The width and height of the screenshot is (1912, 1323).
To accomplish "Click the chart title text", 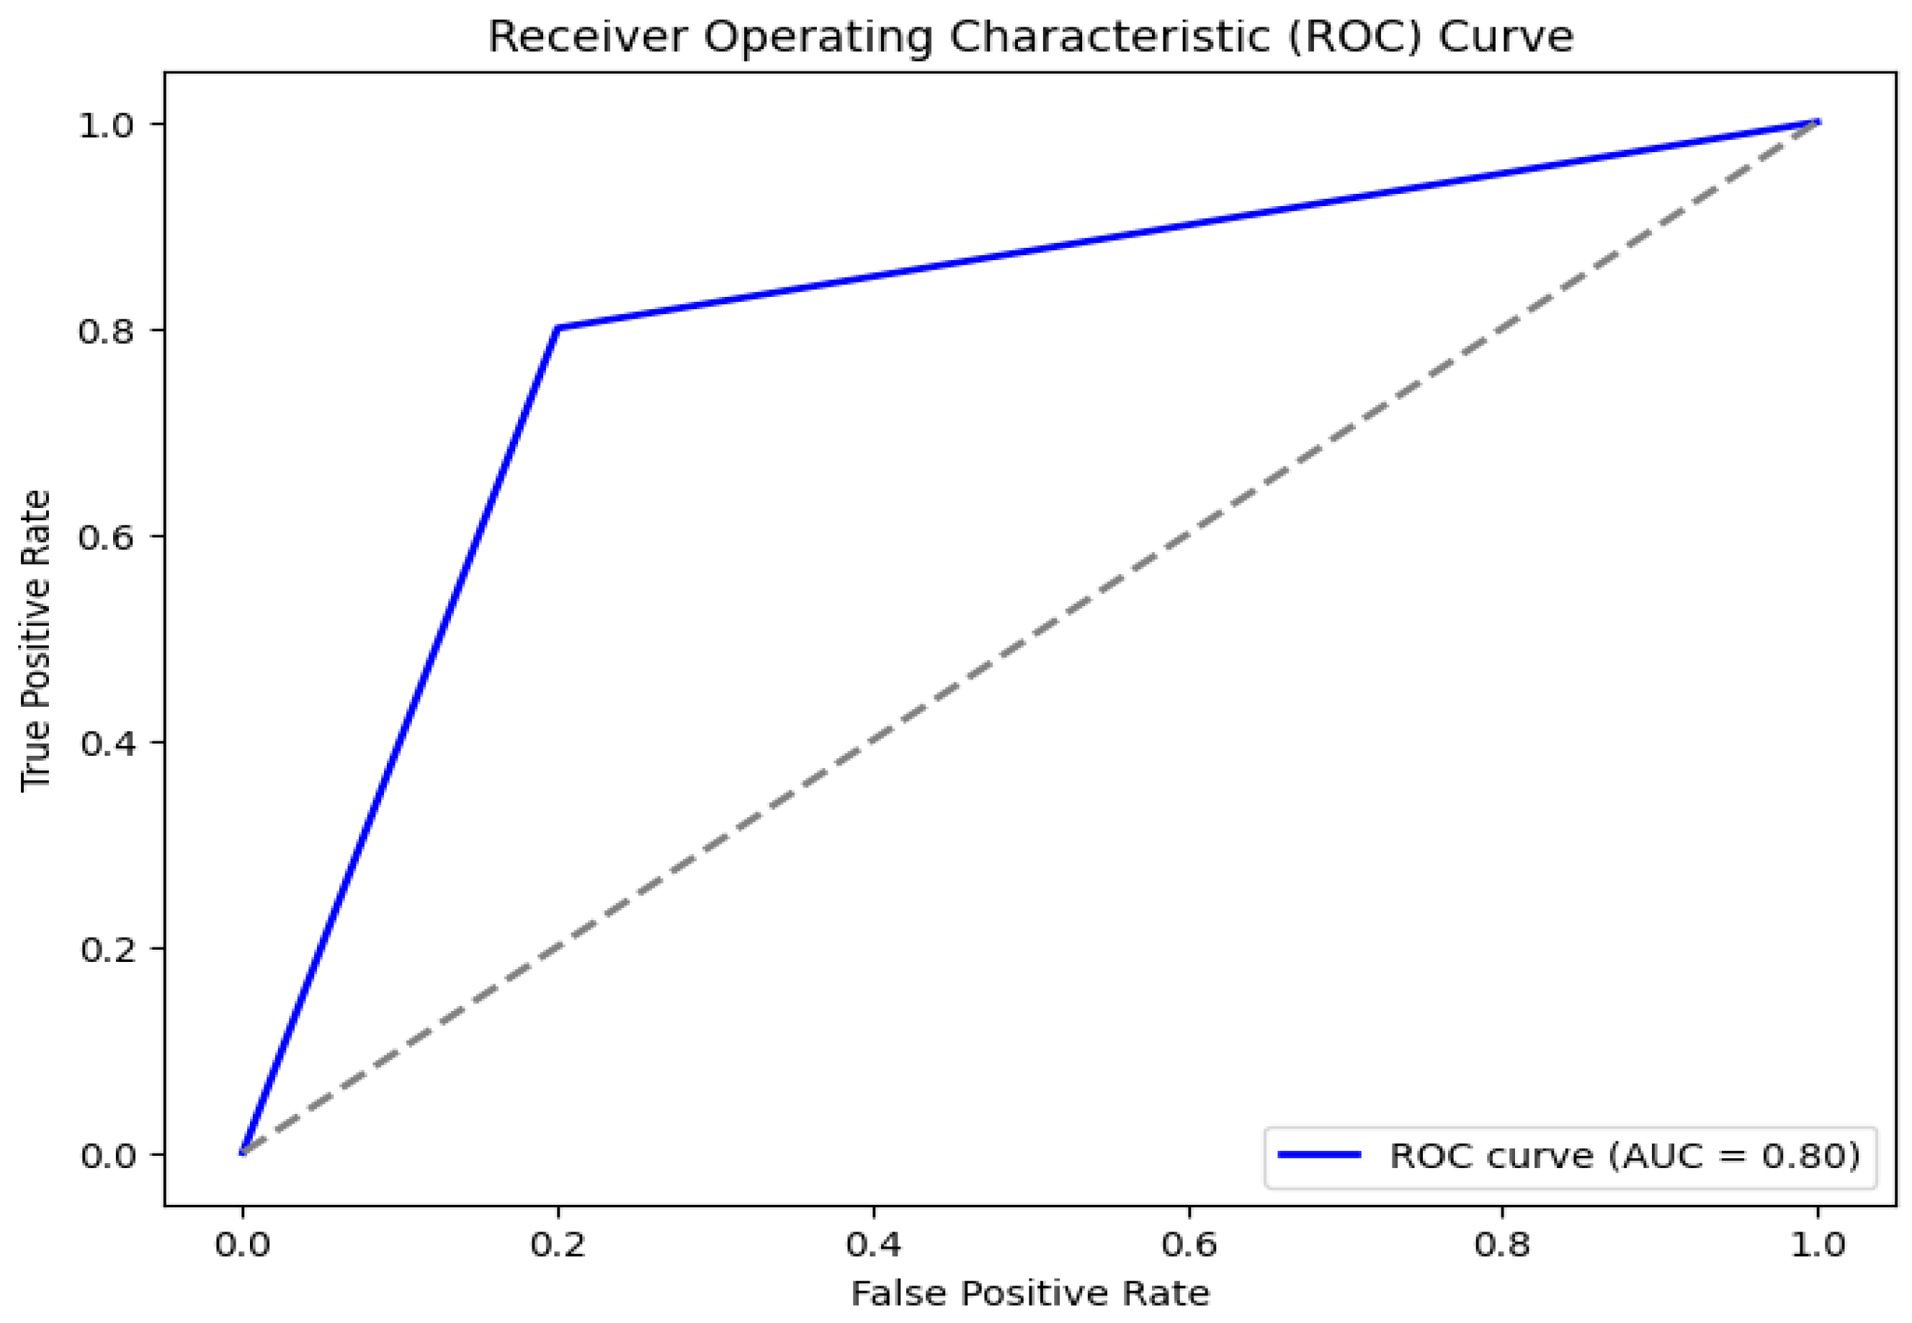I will click(1030, 37).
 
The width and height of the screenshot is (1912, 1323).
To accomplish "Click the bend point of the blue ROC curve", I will click(558, 329).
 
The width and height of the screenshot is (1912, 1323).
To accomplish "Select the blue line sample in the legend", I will click(1319, 1154).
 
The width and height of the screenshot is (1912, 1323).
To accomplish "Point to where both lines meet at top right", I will click(1818, 122).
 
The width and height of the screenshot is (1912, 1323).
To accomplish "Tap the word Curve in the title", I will click(1505, 37).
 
